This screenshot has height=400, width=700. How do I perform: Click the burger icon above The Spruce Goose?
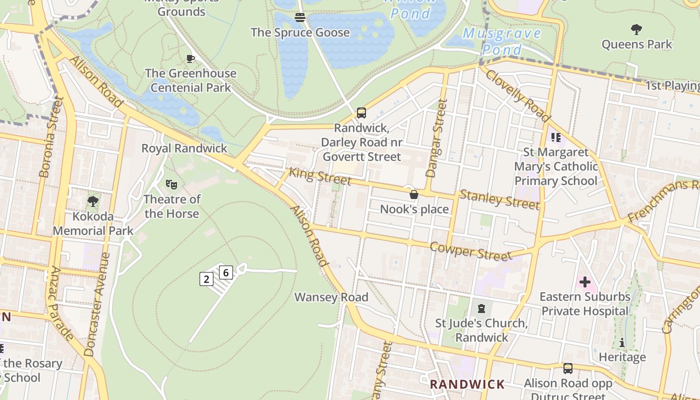pyautogui.click(x=300, y=17)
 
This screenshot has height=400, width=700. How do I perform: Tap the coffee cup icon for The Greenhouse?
pyautogui.click(x=190, y=58)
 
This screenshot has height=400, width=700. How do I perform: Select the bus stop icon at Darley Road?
pyautogui.click(x=361, y=113)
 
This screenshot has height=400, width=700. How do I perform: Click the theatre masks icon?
pyautogui.click(x=171, y=184)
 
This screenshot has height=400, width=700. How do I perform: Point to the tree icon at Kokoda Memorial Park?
pyautogui.click(x=92, y=202)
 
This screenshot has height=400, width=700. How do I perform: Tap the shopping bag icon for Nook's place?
pyautogui.click(x=413, y=194)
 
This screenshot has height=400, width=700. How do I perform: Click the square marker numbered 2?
pyautogui.click(x=206, y=279)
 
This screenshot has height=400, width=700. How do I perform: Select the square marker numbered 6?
pyautogui.click(x=226, y=272)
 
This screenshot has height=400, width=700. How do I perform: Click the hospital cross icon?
pyautogui.click(x=584, y=282)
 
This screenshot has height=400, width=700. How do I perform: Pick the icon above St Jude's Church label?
pyautogui.click(x=481, y=308)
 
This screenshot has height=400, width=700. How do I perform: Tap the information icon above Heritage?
pyautogui.click(x=622, y=342)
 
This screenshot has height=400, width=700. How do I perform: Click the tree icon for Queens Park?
pyautogui.click(x=636, y=29)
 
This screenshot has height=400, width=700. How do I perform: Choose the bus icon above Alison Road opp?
pyautogui.click(x=567, y=368)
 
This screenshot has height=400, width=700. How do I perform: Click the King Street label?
pyautogui.click(x=320, y=176)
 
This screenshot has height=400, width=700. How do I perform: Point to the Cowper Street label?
pyautogui.click(x=470, y=251)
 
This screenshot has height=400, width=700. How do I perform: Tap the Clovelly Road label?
pyautogui.click(x=517, y=95)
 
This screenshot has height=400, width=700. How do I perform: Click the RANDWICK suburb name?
pyautogui.click(x=467, y=384)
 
